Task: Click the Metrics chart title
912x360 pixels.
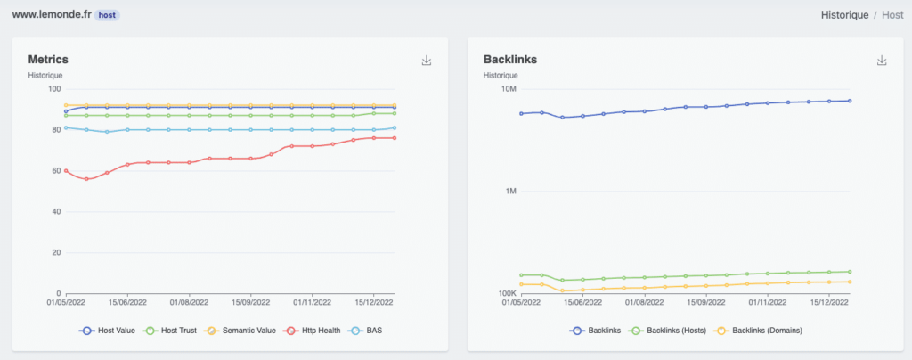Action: click(48, 60)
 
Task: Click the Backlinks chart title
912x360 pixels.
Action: click(509, 60)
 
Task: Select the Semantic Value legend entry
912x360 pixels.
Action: click(248, 331)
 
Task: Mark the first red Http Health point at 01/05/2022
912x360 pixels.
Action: click(66, 170)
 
